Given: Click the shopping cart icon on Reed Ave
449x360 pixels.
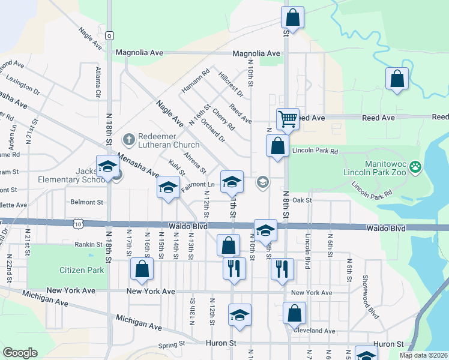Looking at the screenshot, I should click(288, 119).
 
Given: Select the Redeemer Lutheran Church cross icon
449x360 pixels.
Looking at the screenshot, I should click(128, 140).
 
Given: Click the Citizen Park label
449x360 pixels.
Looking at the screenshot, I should click(82, 270).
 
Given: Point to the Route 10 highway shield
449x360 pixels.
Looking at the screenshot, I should click(78, 224).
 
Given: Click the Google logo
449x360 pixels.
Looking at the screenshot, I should click(20, 353).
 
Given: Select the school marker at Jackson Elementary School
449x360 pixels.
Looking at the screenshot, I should click(107, 167).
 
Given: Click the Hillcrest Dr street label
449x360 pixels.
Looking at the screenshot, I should click(231, 85).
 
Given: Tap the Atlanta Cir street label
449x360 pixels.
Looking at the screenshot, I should click(98, 82).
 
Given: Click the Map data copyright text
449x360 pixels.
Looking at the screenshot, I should click(423, 355).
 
